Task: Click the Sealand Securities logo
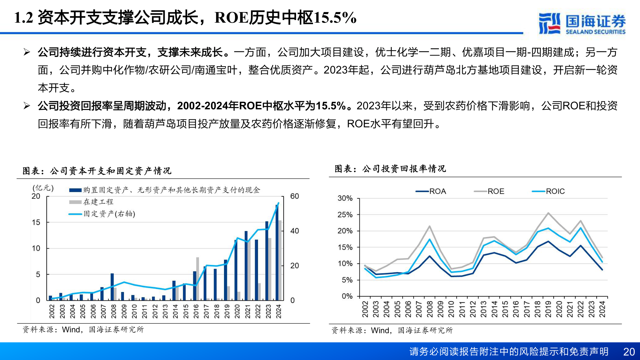tap(582, 23)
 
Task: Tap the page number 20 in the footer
tap(629, 352)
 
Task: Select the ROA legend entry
tap(431, 191)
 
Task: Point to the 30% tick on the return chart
tap(345, 198)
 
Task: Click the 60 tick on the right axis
tap(294, 196)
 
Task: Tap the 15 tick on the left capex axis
tap(36, 222)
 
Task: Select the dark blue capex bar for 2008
tap(112, 287)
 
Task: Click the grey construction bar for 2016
tap(198, 278)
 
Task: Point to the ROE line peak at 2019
tap(548, 213)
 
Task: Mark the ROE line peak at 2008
tap(429, 226)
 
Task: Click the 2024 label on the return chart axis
tap(602, 309)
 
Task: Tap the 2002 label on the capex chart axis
tap(52, 311)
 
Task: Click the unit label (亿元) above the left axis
tap(43, 188)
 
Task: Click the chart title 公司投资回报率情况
tap(390, 169)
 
